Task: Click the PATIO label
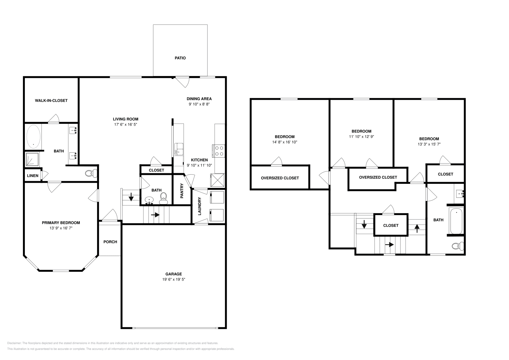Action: tap(180, 58)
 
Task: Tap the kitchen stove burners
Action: tap(219, 150)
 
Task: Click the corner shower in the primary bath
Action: tap(32, 159)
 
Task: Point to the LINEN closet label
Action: tap(33, 176)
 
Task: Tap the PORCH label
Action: tap(110, 242)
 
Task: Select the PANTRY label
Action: tap(182, 191)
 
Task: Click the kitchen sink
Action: tap(178, 149)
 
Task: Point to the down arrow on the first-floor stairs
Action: tap(131, 198)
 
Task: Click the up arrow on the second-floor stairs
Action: tap(417, 227)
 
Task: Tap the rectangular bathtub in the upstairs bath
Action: tap(456, 221)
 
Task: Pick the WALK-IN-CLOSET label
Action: tap(51, 100)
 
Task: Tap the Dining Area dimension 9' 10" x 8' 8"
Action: tap(199, 104)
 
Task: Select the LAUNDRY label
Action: tap(200, 206)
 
